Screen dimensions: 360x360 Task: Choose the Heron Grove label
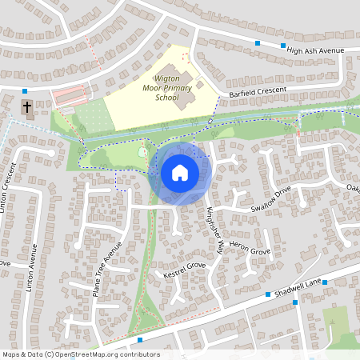point(250,251)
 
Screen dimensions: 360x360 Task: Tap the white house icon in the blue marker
point(180,173)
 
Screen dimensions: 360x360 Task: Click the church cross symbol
point(26,106)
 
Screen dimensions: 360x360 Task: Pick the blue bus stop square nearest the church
point(25,91)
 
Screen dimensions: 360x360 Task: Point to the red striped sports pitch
point(68,96)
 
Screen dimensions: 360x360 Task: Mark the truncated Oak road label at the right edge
point(353,188)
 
